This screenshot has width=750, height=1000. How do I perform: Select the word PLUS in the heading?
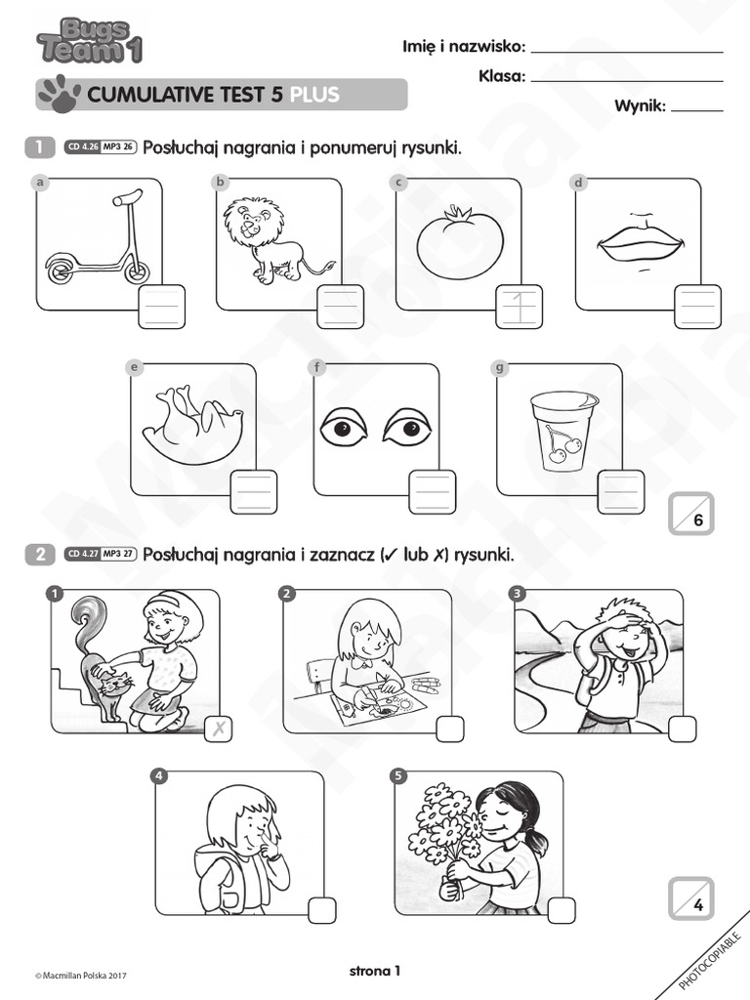click(x=314, y=95)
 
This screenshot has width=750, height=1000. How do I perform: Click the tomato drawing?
click(x=459, y=241)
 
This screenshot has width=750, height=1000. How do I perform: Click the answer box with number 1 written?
click(x=519, y=308)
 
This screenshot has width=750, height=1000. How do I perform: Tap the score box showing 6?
click(x=691, y=514)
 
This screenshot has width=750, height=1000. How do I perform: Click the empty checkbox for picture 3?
click(x=683, y=729)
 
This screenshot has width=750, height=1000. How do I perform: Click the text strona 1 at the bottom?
click(x=375, y=970)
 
